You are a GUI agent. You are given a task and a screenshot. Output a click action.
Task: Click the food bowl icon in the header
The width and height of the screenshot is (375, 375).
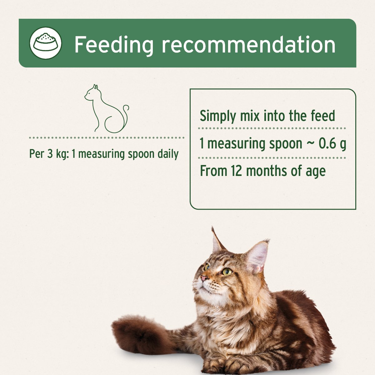click(x=46, y=43)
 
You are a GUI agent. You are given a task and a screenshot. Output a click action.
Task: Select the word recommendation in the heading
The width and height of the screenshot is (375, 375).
click(x=248, y=45)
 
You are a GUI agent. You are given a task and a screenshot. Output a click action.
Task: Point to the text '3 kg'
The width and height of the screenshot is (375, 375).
click(x=55, y=154)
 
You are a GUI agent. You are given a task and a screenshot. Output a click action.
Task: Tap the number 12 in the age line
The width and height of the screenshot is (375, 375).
click(x=237, y=171)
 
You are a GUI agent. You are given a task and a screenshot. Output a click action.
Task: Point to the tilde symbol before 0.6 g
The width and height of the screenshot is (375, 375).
click(x=311, y=144)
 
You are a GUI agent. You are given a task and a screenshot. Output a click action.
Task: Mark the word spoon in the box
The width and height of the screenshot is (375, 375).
click(x=285, y=144)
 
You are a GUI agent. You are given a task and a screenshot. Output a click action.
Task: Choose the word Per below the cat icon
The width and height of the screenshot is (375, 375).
click(x=36, y=154)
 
